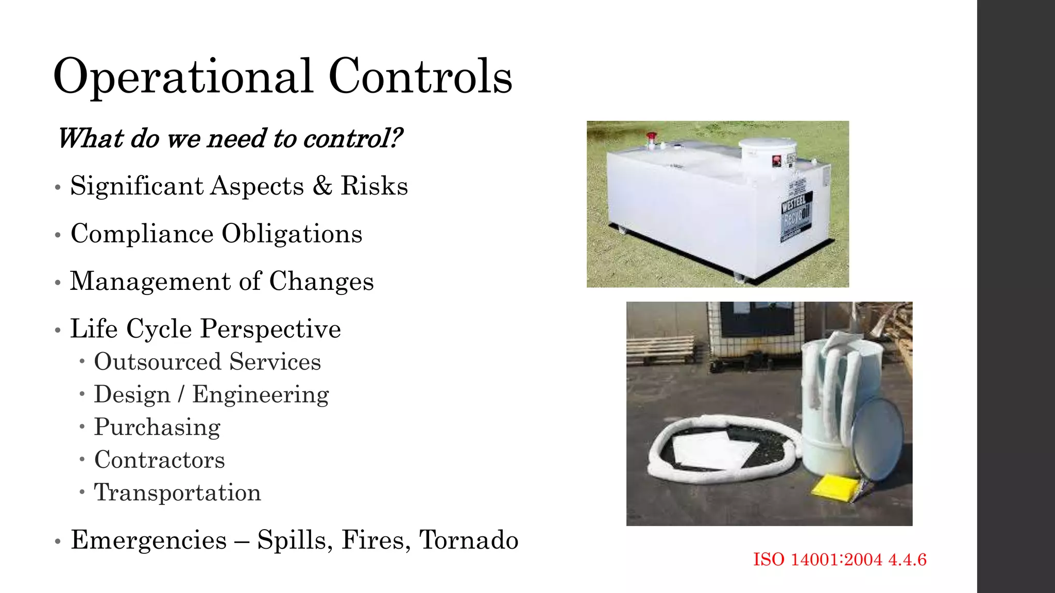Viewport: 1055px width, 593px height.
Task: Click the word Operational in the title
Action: tap(183, 77)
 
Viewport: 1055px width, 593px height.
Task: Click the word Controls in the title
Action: tap(420, 77)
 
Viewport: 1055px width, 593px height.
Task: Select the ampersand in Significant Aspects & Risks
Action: tap(322, 186)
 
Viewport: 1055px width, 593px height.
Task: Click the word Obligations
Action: tap(292, 234)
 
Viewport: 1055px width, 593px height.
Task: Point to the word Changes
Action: tap(321, 282)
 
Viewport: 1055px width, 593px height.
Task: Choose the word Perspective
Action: tap(270, 329)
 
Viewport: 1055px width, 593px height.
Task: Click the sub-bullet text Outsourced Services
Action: tap(207, 361)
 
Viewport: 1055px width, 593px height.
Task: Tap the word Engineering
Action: tap(260, 394)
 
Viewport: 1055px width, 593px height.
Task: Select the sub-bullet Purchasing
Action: tap(157, 427)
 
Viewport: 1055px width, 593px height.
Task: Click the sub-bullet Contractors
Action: tap(159, 460)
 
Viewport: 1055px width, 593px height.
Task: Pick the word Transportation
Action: tap(177, 493)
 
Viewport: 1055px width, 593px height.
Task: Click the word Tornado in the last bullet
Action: tap(468, 540)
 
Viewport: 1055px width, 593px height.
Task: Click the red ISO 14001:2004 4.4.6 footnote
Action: tap(840, 560)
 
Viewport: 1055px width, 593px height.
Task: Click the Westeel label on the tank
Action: tap(796, 216)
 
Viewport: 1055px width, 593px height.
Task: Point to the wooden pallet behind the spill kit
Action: tap(660, 350)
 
